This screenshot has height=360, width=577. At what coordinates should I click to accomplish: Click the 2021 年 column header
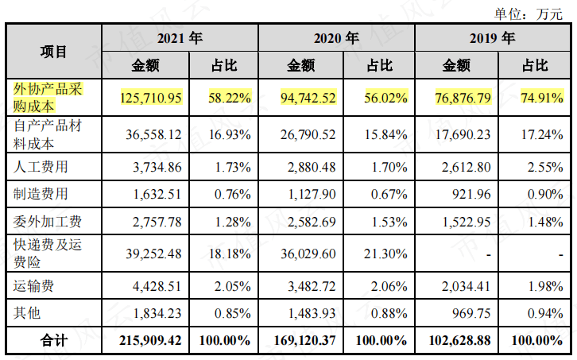tap(180, 37)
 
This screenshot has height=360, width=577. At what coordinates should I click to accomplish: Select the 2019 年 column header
tap(492, 37)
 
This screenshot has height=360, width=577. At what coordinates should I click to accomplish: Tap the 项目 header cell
tap(54, 52)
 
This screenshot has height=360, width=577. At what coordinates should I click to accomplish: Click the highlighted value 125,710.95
tap(152, 98)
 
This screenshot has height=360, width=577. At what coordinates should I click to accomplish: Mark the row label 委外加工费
tap(47, 219)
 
